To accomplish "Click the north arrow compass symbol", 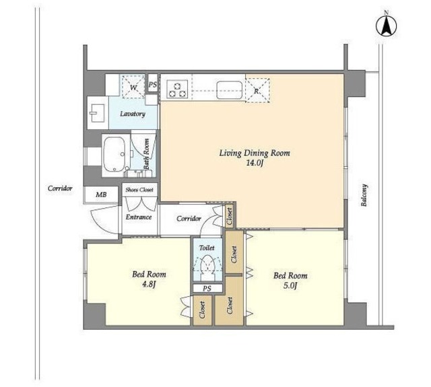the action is point(386,26).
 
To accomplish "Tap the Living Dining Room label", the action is point(255,153).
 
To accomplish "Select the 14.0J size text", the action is point(255,164).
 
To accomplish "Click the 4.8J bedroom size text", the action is point(149,285).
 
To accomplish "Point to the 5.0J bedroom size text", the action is point(290,286).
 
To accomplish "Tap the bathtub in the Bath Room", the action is point(114,154).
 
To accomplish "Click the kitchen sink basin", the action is point(229,90).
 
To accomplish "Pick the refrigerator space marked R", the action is point(257,90).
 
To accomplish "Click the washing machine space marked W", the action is point(133,87).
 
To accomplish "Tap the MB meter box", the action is point(101,195).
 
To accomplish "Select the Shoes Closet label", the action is point(139,190).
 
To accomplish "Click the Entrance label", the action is point(139,217).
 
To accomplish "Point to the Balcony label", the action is point(364,195).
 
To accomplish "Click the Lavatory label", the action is point(133,114).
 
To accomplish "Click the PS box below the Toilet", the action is point(207,288).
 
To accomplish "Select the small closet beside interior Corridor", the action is point(229,215).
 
